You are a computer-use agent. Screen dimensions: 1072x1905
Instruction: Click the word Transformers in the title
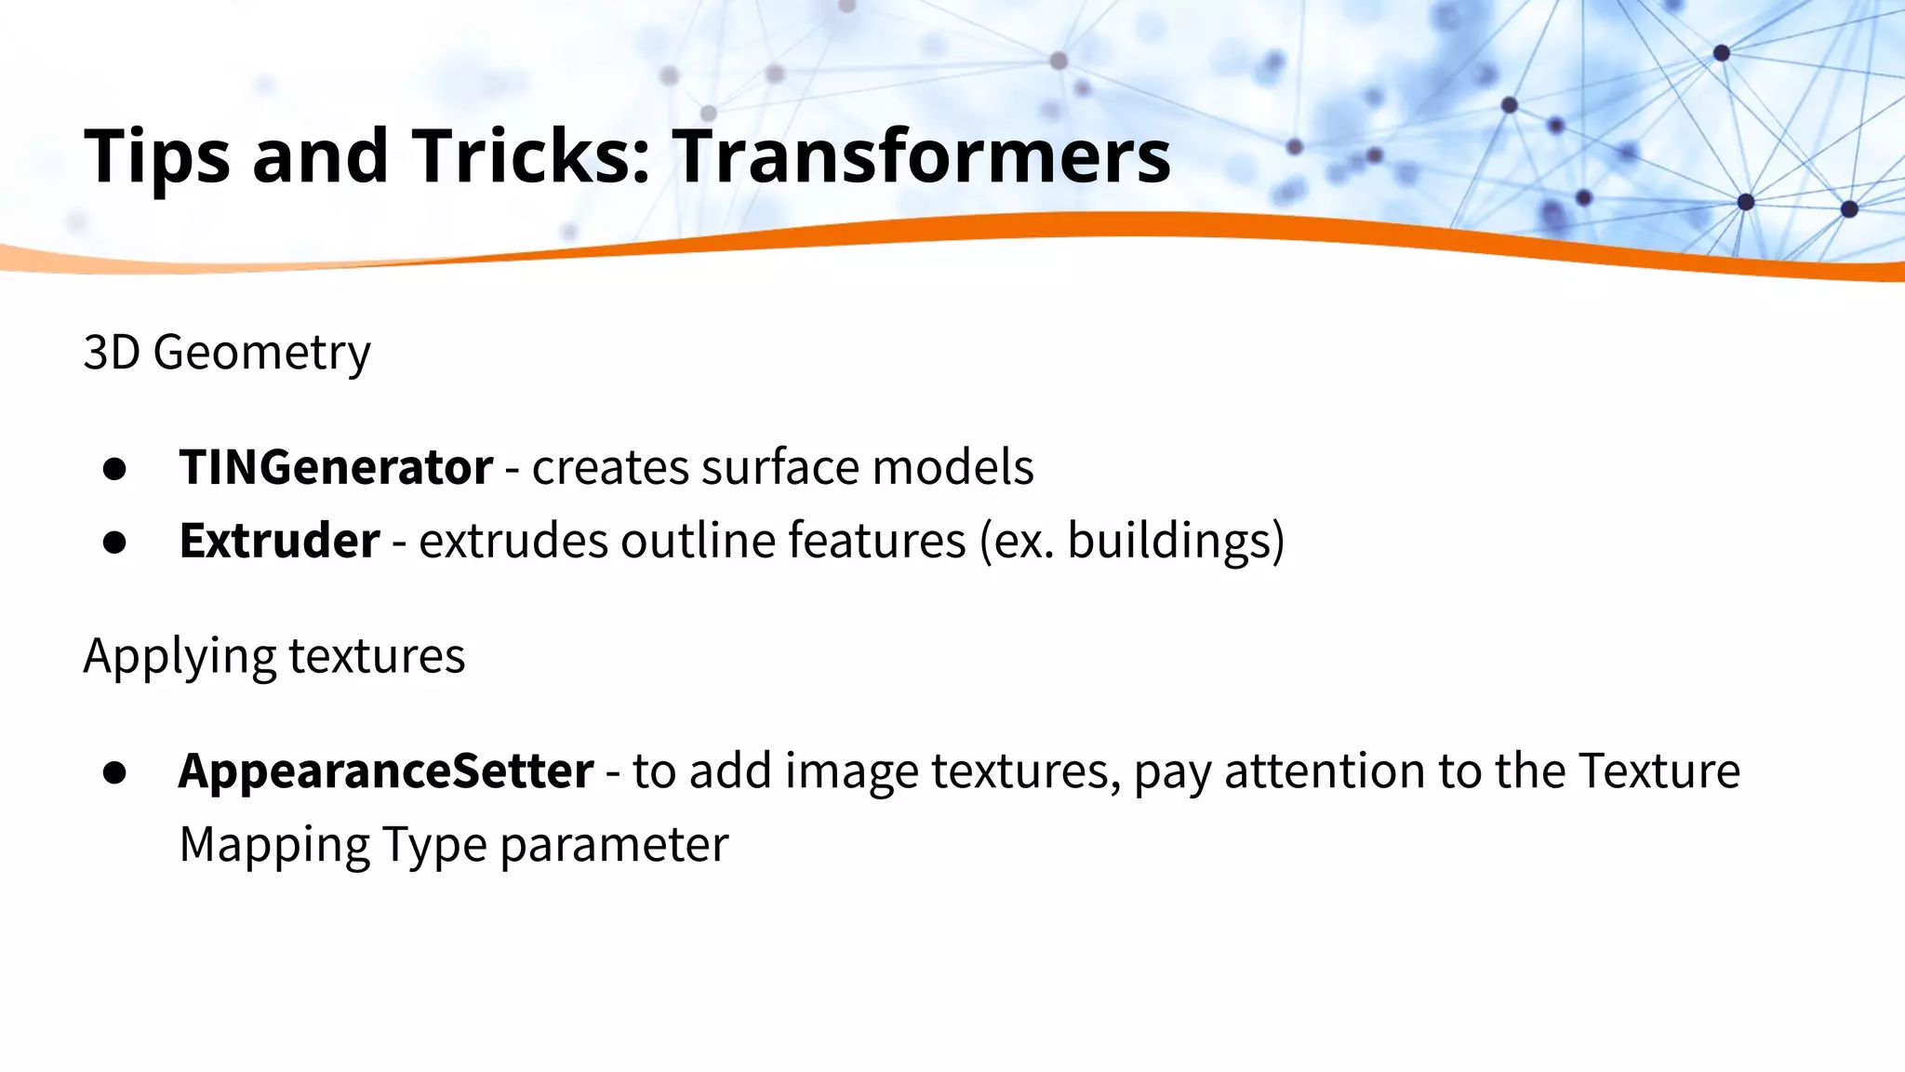click(921, 155)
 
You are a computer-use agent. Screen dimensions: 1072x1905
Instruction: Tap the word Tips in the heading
click(156, 155)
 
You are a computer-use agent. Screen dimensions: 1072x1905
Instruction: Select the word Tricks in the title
click(530, 155)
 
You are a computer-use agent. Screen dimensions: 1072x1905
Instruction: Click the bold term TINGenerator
click(336, 466)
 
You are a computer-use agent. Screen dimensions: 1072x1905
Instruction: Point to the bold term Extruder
click(279, 540)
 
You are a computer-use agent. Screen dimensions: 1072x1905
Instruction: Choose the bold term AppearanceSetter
click(386, 770)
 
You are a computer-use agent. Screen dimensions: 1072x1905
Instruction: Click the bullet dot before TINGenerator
click(115, 469)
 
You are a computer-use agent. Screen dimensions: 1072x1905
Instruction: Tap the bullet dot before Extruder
click(115, 543)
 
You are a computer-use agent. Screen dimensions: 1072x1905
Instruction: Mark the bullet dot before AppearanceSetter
click(115, 773)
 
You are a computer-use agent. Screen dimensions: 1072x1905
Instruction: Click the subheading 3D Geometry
click(227, 352)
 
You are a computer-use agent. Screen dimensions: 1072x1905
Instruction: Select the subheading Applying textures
click(274, 656)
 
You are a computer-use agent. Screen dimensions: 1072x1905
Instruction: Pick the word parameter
click(614, 845)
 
